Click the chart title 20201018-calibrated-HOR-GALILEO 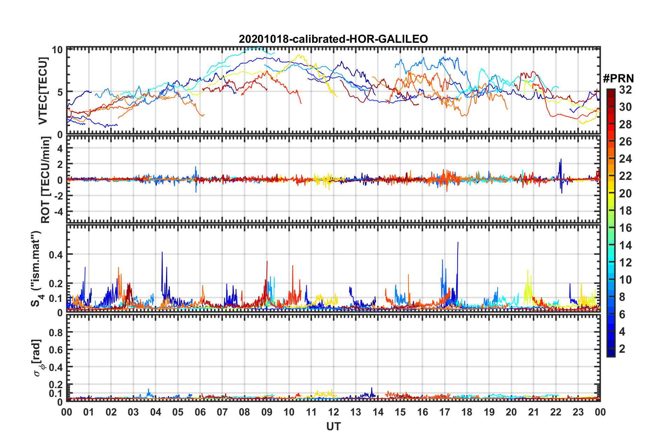click(333, 39)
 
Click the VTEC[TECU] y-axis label click(43, 91)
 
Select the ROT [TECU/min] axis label click(46, 180)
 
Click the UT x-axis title click(333, 426)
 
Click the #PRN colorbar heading click(618, 79)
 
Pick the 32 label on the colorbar click(625, 90)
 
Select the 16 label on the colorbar click(625, 228)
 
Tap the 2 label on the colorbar click(622, 349)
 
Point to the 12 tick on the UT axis click(333, 412)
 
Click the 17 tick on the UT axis click(445, 412)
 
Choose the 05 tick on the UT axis click(178, 412)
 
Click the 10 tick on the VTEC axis click(57, 50)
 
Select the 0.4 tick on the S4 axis click(56, 255)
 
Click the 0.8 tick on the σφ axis click(56, 332)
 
